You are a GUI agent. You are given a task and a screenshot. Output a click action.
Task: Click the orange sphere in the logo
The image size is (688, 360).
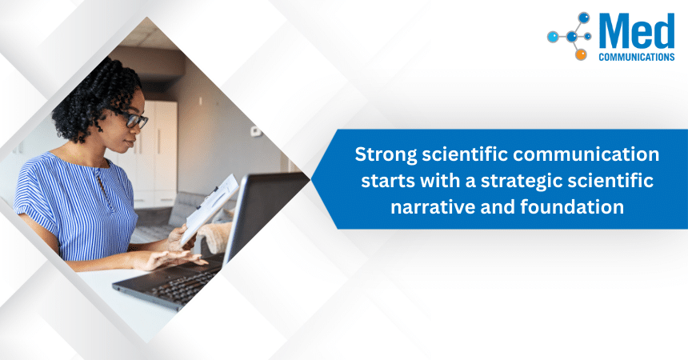581,54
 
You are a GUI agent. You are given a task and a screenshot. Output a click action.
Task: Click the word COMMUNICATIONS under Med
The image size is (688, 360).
636,58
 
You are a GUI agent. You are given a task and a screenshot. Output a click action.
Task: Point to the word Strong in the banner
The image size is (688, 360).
384,154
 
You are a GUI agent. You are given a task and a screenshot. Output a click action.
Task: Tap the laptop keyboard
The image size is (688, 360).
180,280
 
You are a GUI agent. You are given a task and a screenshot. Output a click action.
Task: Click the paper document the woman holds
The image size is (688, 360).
210,210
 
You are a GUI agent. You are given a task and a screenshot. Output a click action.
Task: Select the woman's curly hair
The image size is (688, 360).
100,96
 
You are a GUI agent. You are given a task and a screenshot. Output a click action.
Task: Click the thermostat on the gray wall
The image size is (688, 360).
254,130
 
